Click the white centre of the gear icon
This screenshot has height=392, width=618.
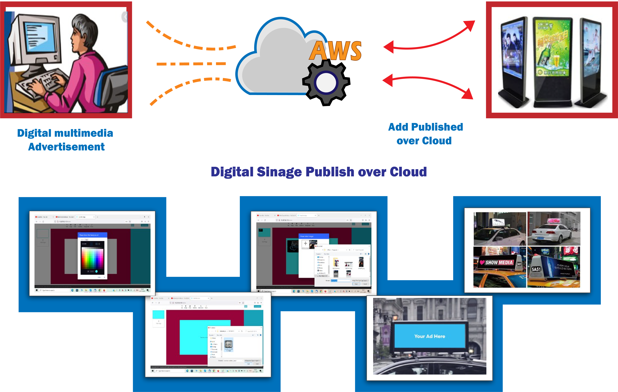(326, 83)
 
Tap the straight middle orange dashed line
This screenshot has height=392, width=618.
(191, 64)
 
